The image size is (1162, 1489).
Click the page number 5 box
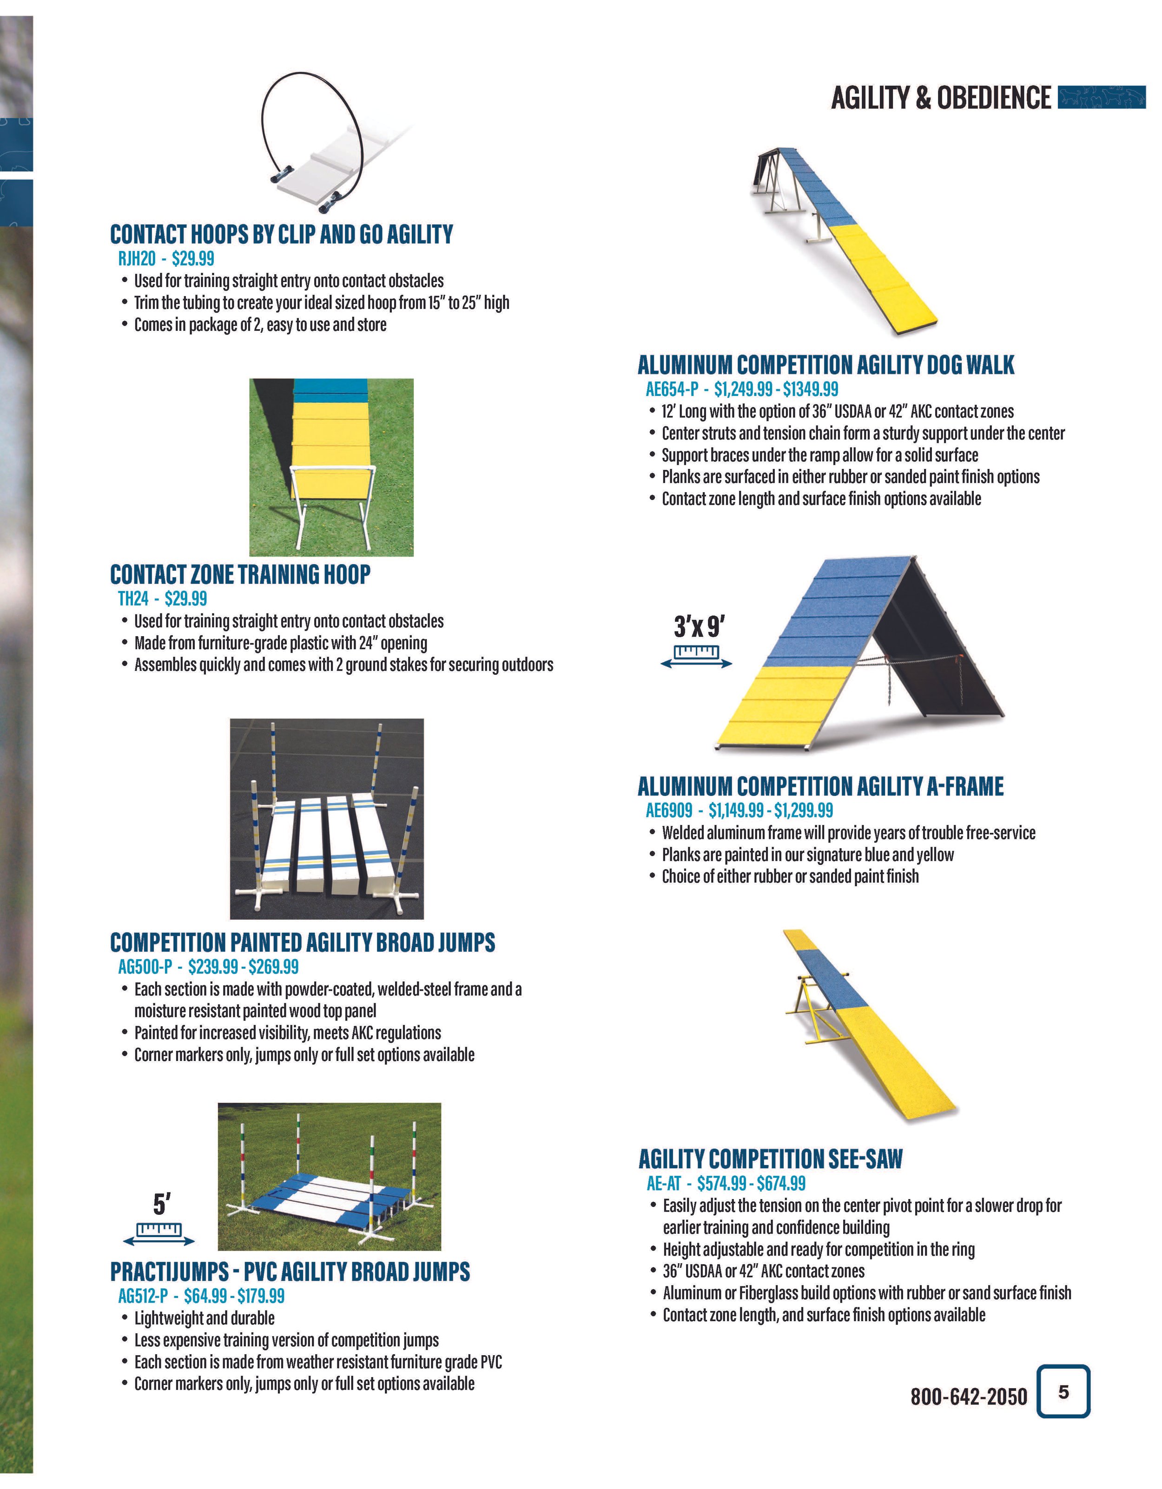point(1063,1391)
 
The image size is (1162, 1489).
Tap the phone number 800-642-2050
point(968,1396)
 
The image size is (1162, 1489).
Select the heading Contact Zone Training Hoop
point(240,575)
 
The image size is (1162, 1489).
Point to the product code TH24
point(133,599)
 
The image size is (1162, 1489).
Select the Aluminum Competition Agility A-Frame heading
point(819,787)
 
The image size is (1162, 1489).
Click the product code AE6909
point(668,810)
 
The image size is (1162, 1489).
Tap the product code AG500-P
point(145,967)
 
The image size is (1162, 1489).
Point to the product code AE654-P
point(672,389)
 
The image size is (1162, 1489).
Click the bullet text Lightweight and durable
point(204,1318)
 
